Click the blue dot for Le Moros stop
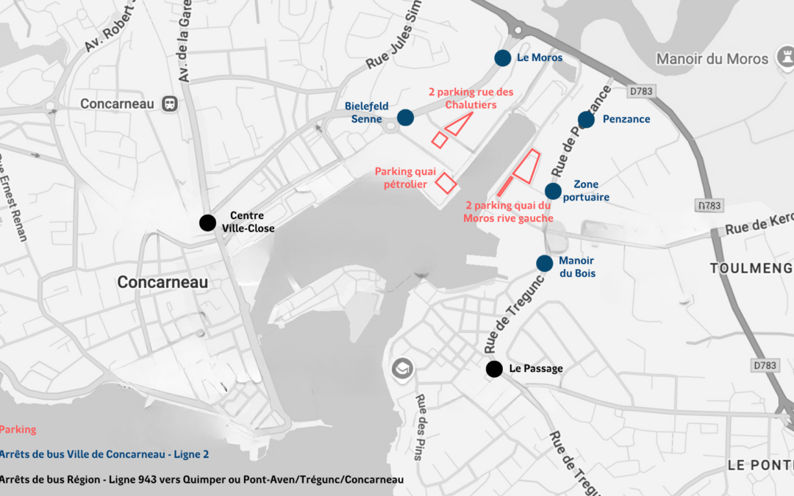click(x=502, y=58)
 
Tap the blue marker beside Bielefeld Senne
click(x=405, y=118)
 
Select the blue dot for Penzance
click(x=586, y=119)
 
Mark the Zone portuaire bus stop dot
click(x=553, y=191)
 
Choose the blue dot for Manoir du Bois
click(x=545, y=263)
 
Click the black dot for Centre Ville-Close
click(x=208, y=223)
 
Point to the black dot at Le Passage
click(x=494, y=369)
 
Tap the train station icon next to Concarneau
click(x=171, y=104)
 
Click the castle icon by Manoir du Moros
click(x=784, y=59)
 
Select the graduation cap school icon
click(x=402, y=367)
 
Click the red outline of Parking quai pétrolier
click(x=446, y=182)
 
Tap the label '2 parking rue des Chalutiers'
click(x=471, y=98)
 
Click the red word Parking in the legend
click(x=18, y=430)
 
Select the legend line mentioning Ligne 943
click(x=201, y=480)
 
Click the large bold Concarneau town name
click(x=162, y=283)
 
